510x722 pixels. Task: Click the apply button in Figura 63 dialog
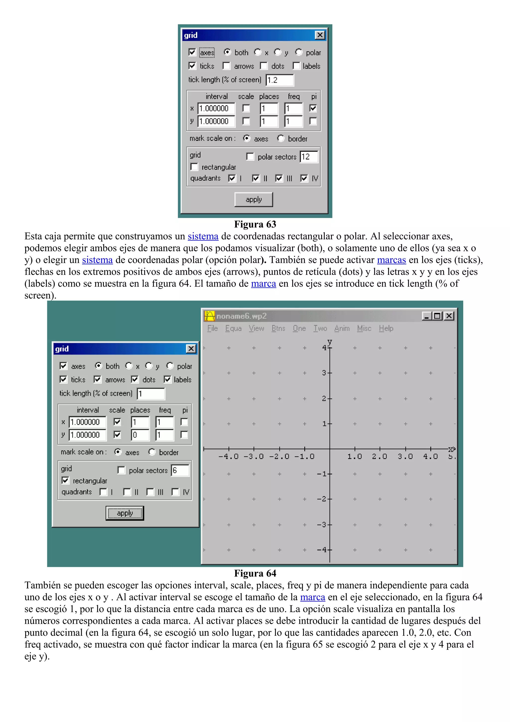(x=253, y=199)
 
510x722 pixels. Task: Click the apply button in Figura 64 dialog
(x=125, y=513)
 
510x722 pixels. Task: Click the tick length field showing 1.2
(x=279, y=80)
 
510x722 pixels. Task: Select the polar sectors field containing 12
(x=309, y=157)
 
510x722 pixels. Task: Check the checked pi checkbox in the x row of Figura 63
(x=313, y=108)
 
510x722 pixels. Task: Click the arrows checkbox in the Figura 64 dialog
(x=98, y=379)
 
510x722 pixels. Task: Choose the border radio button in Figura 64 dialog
(x=152, y=452)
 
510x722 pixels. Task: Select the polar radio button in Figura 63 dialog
(x=299, y=52)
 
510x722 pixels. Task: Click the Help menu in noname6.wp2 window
(x=386, y=328)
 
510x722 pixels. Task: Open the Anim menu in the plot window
(x=342, y=328)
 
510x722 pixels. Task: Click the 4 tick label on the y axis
(x=324, y=348)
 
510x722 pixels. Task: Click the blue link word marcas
(x=391, y=260)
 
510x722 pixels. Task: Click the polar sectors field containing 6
(x=180, y=470)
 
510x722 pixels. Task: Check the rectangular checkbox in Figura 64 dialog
(x=65, y=481)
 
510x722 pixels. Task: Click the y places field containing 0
(x=140, y=435)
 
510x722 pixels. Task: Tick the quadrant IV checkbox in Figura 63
(x=304, y=178)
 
